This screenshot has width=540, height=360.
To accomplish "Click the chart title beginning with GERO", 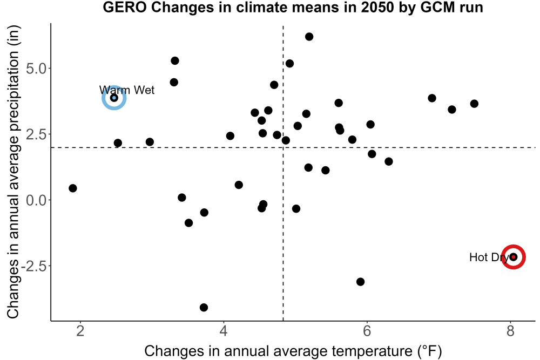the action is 293,8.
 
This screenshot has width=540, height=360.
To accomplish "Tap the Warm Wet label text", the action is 127,90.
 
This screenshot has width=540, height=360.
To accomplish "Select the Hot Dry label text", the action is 489,257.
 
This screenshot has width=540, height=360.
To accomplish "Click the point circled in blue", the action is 114,98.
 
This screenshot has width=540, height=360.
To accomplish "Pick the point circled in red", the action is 513,257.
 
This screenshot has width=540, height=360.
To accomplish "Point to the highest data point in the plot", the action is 309,37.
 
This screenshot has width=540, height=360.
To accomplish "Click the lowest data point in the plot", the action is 204,307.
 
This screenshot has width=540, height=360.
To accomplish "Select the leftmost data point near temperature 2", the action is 72,188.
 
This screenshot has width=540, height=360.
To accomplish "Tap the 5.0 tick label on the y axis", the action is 36,69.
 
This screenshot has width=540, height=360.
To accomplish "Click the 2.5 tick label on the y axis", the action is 36,134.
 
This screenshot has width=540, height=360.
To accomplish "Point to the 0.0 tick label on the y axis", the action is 36,200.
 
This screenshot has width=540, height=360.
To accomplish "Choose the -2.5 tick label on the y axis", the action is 33,266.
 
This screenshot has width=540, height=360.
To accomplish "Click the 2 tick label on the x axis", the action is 80,331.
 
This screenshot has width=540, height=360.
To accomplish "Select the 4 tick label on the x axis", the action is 224,331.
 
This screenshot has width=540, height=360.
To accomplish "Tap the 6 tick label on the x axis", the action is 367,331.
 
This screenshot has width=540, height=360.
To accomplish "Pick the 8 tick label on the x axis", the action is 510,331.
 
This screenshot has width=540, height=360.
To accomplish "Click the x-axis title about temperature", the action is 293,351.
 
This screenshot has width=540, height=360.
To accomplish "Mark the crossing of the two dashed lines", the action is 283,147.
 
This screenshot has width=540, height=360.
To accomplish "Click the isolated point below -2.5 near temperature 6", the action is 360,282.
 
